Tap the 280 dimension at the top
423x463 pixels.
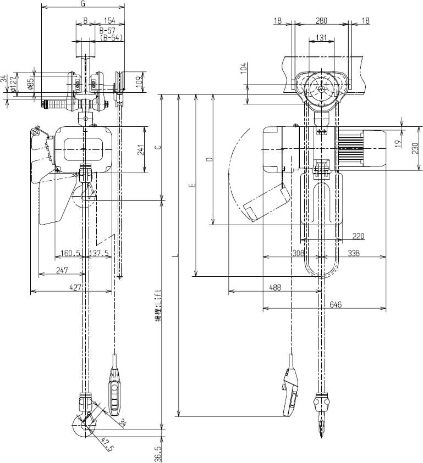tap(322, 21)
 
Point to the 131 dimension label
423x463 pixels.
tap(322, 38)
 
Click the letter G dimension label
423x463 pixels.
tap(83, 4)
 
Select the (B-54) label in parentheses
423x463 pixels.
tap(111, 38)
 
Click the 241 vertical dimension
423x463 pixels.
tap(141, 150)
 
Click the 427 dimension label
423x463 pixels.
tap(75, 287)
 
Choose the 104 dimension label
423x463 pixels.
tap(243, 70)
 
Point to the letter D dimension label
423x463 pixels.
tap(208, 160)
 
